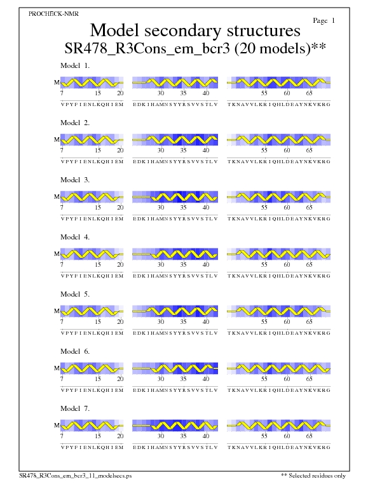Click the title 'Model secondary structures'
coord(195,30)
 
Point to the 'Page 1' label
coord(324,21)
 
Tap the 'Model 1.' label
coord(75,65)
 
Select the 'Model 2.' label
coord(75,123)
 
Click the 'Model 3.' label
coord(75,180)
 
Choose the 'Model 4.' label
coord(75,237)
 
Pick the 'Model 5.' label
coord(75,294)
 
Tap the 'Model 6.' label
coord(75,351)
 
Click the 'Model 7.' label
coord(75,408)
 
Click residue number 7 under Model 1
coord(62,93)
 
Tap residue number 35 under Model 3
coord(183,208)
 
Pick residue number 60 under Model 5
coord(287,322)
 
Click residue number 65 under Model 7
coord(310,436)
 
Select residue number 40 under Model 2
coord(205,151)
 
